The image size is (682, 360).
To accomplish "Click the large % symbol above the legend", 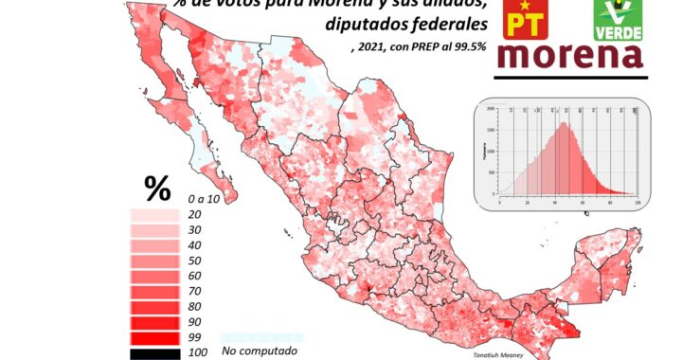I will click(157, 189).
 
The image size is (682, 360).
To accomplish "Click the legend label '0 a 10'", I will click(204, 200).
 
